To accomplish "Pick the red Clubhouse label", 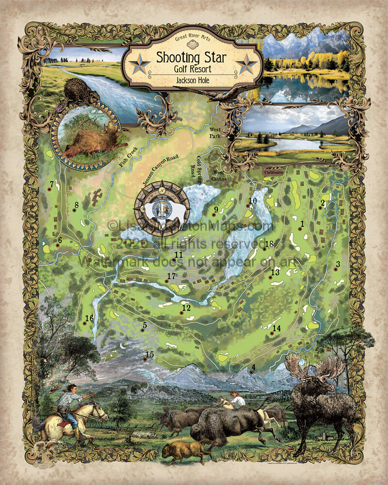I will [275, 172].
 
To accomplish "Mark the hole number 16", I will [89, 318].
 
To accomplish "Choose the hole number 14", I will [276, 328].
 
